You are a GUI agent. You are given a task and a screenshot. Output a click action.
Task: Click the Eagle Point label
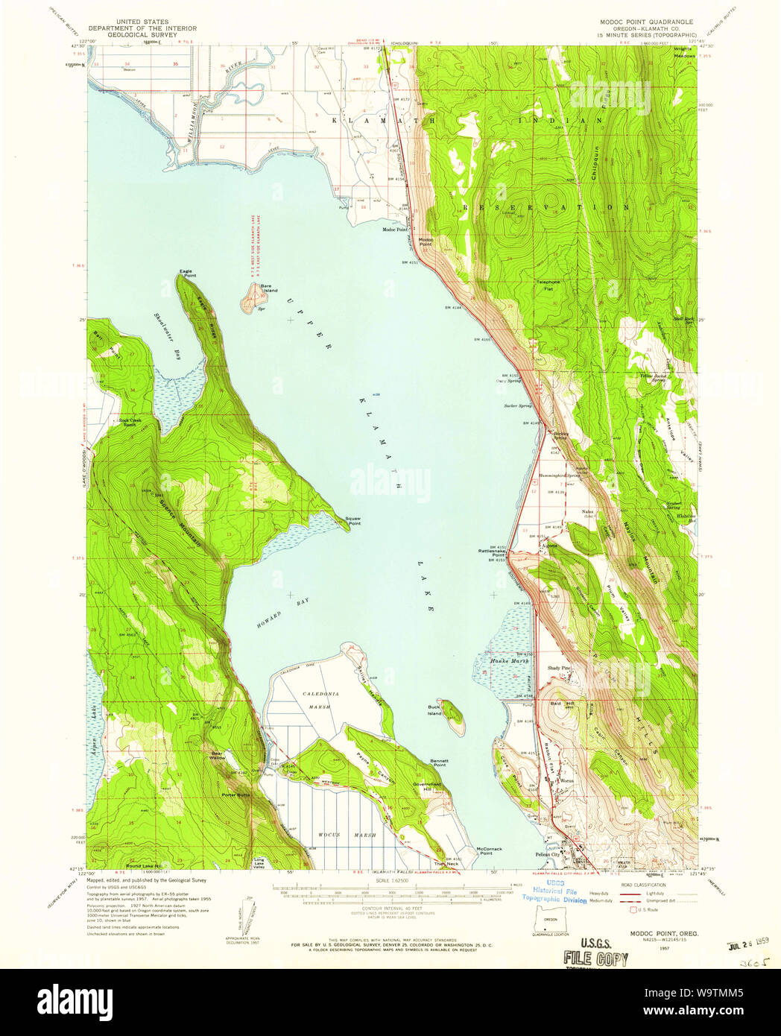[x=187, y=273]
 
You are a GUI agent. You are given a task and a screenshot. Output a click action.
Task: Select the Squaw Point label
[x=354, y=521]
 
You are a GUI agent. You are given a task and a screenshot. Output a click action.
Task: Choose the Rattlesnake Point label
[x=493, y=553]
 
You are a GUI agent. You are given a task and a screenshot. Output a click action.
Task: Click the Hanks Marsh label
[x=509, y=660]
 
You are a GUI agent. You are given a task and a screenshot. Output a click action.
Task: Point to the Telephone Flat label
[x=549, y=284]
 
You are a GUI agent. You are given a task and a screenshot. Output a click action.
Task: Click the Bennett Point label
[x=439, y=762]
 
